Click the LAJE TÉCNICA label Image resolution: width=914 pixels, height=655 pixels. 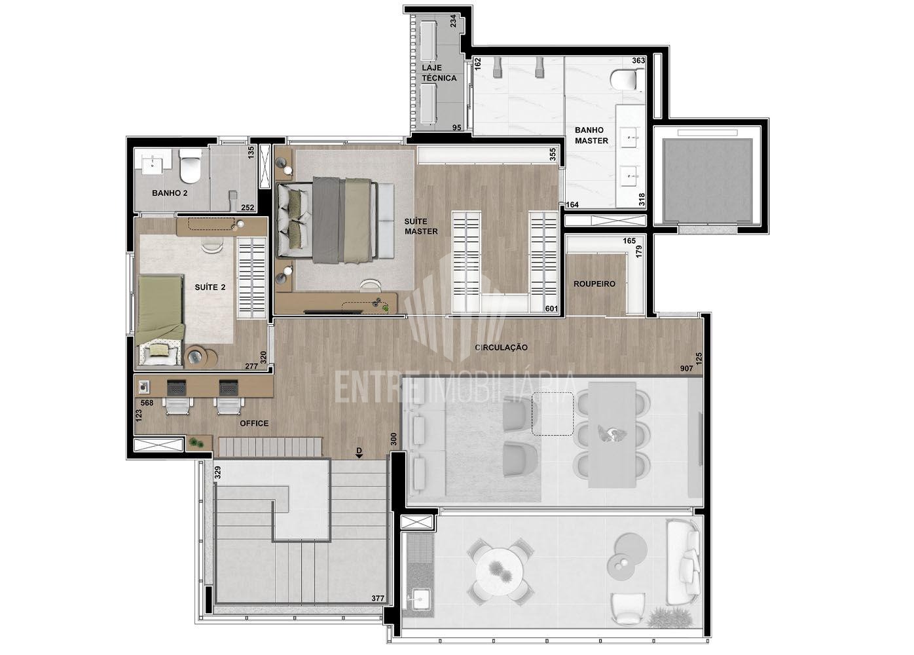[x=439, y=73]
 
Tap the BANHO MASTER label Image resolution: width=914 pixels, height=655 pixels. [x=591, y=135]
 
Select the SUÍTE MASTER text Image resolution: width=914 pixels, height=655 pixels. [x=421, y=226]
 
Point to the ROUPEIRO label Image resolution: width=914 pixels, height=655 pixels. [x=594, y=284]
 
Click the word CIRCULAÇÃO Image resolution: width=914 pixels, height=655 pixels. [x=501, y=347]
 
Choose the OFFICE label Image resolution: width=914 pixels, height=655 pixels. [x=254, y=423]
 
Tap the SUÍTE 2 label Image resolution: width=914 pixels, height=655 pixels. [x=210, y=288]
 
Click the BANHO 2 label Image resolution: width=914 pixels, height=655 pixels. [x=170, y=193]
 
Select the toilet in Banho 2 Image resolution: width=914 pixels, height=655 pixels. [x=191, y=166]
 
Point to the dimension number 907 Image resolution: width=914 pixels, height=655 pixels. [x=686, y=368]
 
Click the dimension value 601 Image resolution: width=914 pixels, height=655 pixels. [x=551, y=309]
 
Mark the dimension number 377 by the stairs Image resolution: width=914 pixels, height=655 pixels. [x=377, y=598]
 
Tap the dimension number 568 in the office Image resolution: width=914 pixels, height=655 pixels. [x=147, y=403]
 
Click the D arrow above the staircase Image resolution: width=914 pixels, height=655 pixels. [x=359, y=453]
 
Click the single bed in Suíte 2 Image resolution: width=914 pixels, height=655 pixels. [x=160, y=321]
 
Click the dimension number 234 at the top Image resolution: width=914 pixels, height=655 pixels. [x=453, y=21]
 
